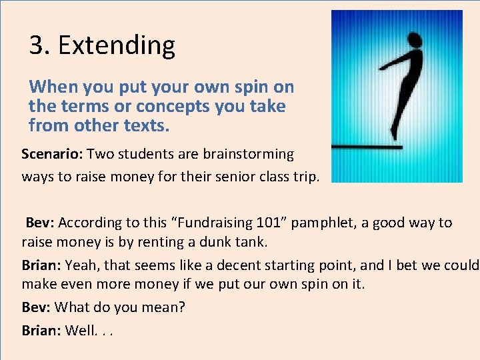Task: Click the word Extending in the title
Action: tap(117, 45)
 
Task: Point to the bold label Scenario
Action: tap(53, 154)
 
